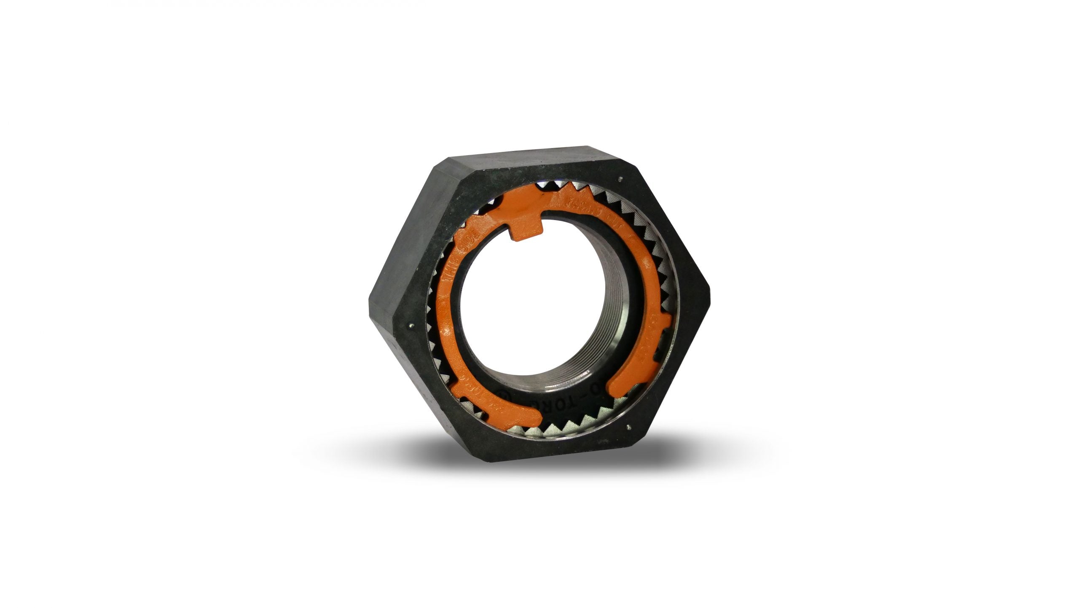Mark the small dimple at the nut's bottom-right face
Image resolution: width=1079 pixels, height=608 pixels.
pos(628,427)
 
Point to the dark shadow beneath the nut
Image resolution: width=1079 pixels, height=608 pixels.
pos(539,455)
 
